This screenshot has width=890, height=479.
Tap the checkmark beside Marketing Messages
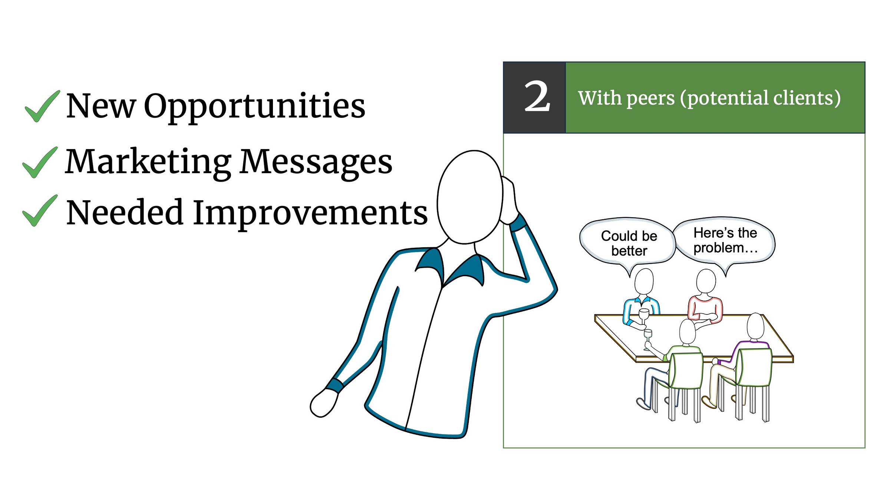click(40, 162)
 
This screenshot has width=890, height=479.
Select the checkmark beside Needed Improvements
click(40, 211)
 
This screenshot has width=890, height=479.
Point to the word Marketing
click(148, 162)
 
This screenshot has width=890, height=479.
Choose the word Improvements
click(310, 213)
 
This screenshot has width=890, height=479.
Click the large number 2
click(537, 97)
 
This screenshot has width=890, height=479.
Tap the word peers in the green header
click(650, 99)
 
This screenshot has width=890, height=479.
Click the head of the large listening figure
click(469, 197)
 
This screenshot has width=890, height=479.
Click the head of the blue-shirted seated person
click(644, 282)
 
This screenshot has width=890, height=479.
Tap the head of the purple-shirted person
click(755, 326)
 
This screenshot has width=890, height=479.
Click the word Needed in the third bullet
click(125, 212)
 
